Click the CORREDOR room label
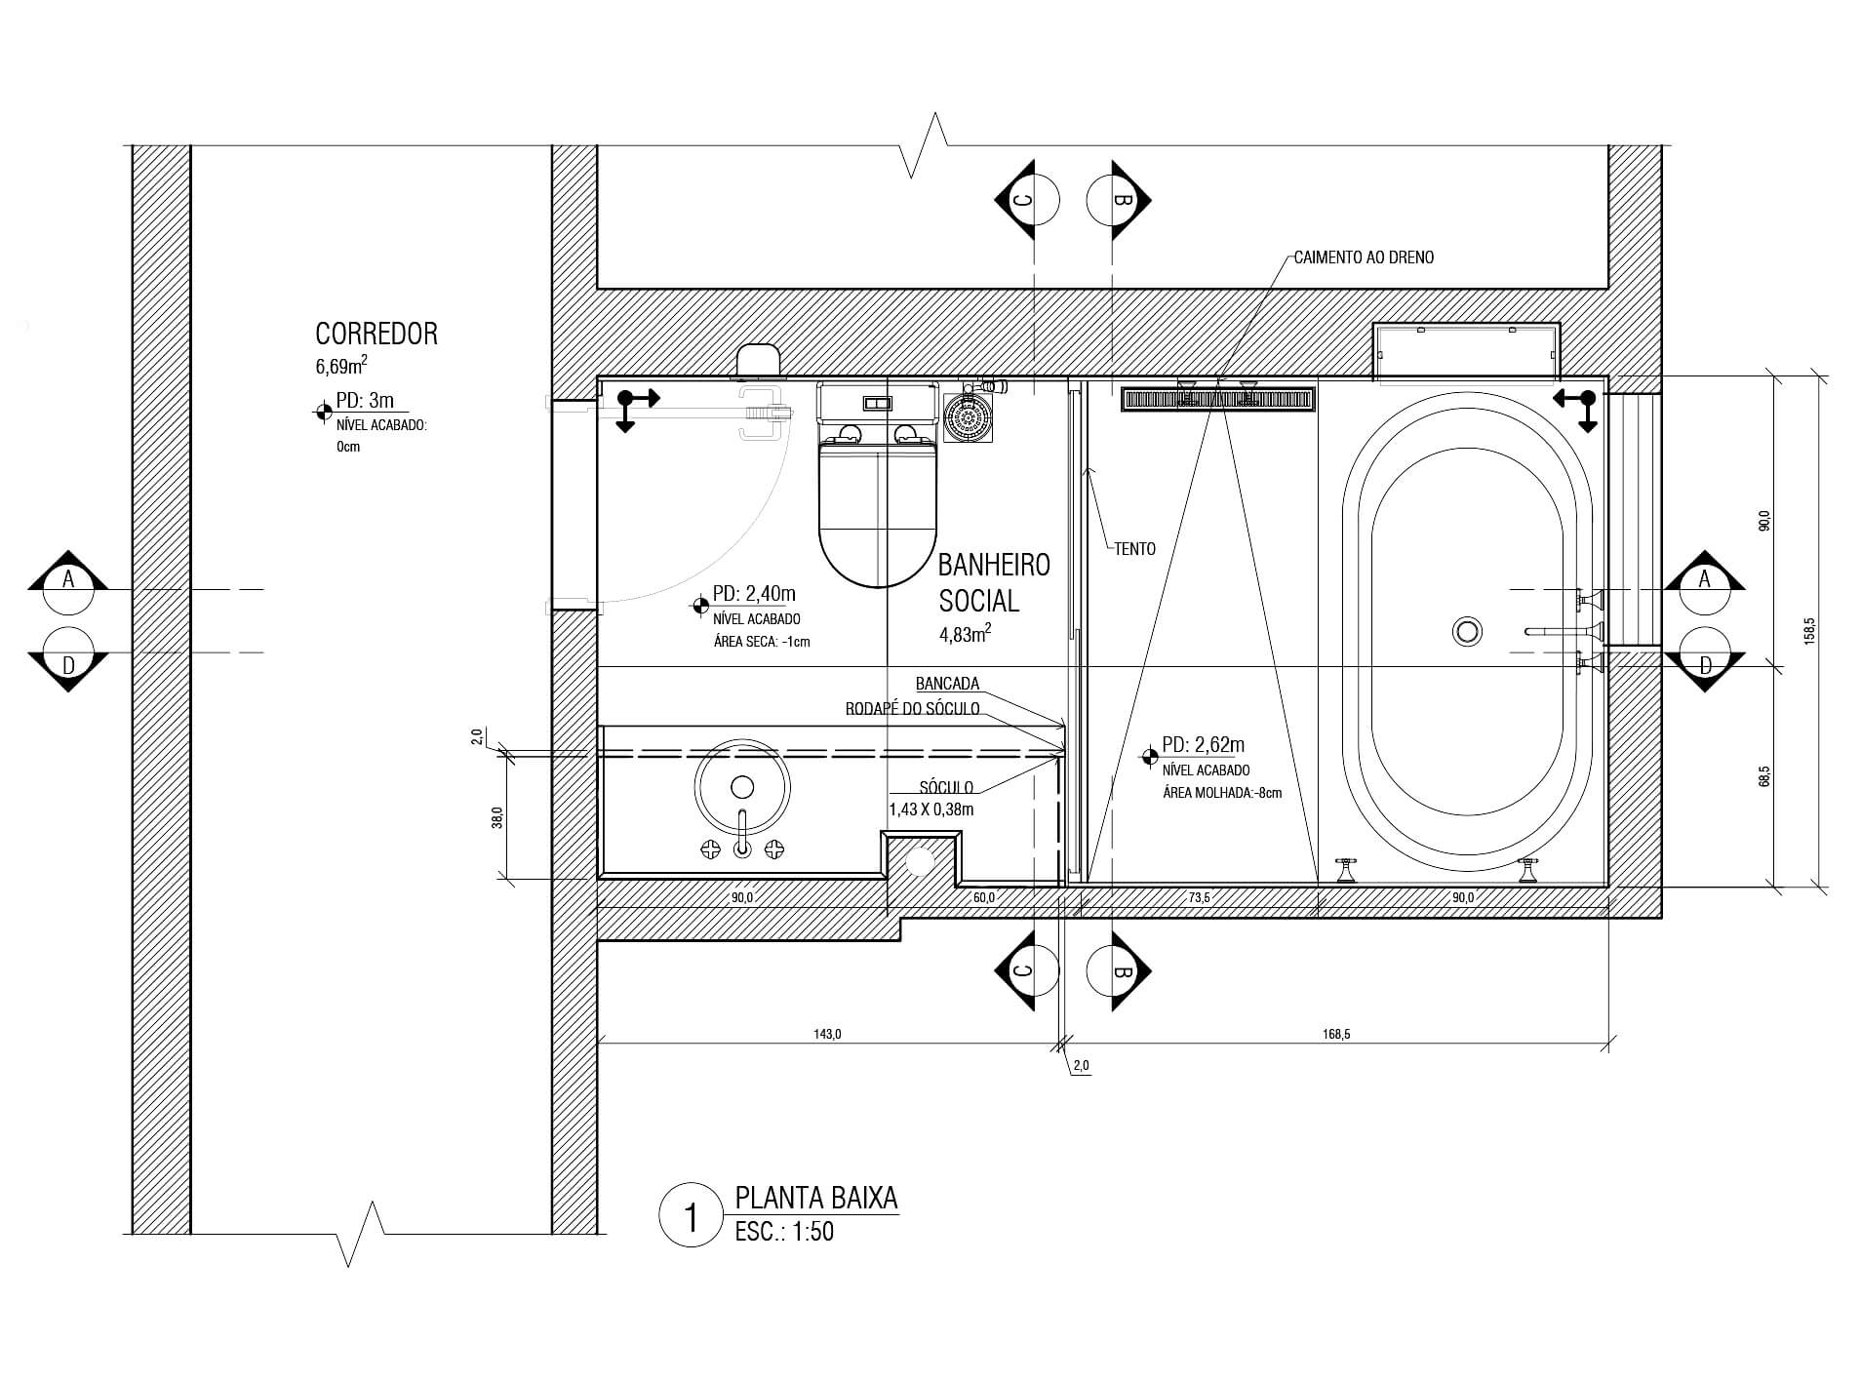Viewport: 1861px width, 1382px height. click(x=376, y=334)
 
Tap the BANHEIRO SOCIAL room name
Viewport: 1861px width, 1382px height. click(x=994, y=582)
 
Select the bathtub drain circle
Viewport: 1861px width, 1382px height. click(x=1467, y=631)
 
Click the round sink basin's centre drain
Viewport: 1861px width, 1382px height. click(x=742, y=787)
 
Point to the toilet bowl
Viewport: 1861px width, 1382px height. click(x=878, y=512)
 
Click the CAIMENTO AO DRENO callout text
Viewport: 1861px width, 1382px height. click(x=1364, y=257)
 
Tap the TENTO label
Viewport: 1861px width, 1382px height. click(x=1135, y=549)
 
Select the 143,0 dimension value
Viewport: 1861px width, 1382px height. click(x=827, y=1035)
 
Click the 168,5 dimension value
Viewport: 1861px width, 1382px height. click(x=1336, y=1035)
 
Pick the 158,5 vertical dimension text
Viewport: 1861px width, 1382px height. click(x=1809, y=631)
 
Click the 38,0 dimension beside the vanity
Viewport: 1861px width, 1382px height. click(x=496, y=816)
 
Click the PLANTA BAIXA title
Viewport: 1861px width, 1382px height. click(x=816, y=1198)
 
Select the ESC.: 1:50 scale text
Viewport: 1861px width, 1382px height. click(x=784, y=1232)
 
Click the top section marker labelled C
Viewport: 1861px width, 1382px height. click(x=1027, y=200)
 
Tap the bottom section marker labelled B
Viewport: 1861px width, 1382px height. click(x=1119, y=971)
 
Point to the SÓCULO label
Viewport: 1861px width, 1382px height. click(x=946, y=787)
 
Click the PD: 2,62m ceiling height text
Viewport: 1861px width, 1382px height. click(x=1204, y=745)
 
